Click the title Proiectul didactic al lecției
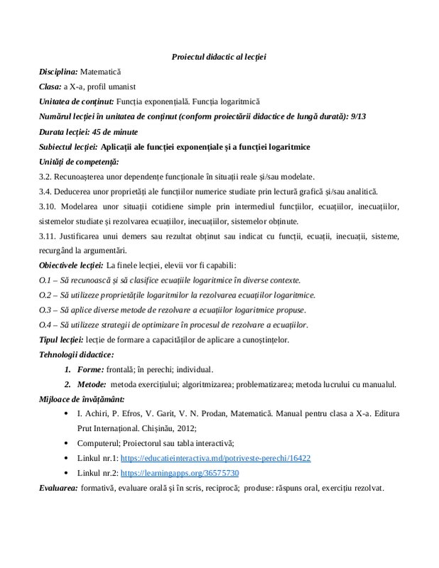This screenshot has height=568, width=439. tap(219, 57)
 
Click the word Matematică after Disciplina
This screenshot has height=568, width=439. tap(102, 72)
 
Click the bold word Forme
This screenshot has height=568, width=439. tap(90, 369)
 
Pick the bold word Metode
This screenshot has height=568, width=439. tap(93, 384)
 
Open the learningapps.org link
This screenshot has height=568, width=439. tap(179, 473)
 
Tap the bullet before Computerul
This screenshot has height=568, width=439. tap(66, 444)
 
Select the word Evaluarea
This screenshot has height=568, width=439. tap(58, 488)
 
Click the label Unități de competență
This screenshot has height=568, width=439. tap(78, 161)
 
